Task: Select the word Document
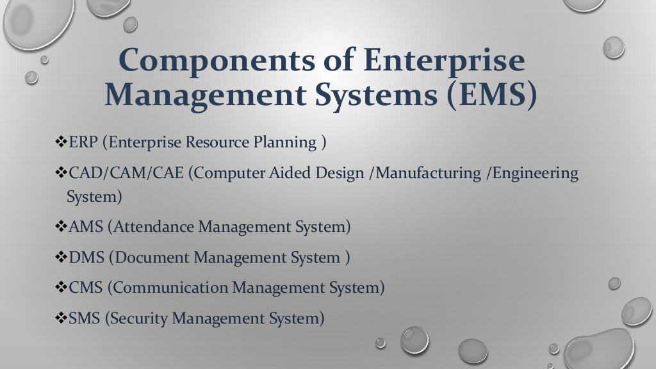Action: pyautogui.click(x=151, y=258)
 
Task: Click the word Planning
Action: pyautogui.click(x=284, y=142)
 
